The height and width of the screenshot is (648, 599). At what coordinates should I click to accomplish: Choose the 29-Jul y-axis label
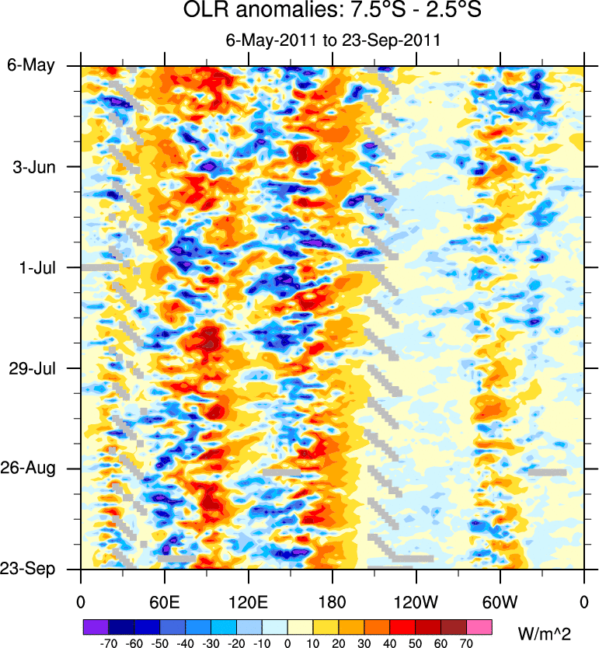(x=36, y=368)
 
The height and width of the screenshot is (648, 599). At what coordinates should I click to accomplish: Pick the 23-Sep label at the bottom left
(x=34, y=569)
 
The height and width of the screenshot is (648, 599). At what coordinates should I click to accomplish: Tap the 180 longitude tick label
(x=332, y=601)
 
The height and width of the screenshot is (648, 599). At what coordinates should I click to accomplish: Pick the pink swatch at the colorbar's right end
(x=479, y=626)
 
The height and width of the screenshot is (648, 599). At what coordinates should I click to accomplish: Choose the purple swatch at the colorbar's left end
(x=95, y=626)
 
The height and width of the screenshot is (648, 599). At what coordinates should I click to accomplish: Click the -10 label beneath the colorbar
(x=261, y=643)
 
